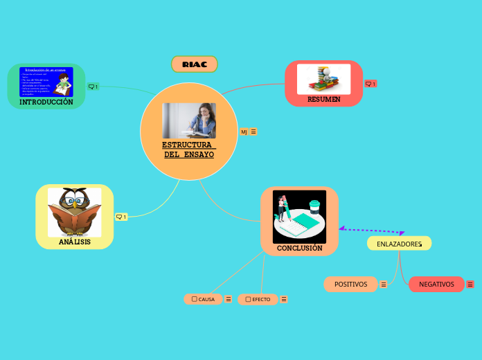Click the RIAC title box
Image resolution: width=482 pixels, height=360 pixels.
coord(195,64)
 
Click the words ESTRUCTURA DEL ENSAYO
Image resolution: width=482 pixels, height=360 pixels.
coord(188,150)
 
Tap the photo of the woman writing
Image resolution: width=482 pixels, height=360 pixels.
coord(189,120)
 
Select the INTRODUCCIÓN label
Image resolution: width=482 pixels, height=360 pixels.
coord(46,102)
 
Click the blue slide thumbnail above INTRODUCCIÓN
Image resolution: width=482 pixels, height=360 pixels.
coord(46,82)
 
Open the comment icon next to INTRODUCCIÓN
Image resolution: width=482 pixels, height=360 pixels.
coord(93,87)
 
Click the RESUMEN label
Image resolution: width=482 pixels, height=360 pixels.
coord(323,99)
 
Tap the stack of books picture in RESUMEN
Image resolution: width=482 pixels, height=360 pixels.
coord(323,78)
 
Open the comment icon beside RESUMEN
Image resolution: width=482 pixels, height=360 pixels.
coord(371,84)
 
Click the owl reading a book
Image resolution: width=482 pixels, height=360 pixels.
coord(74,212)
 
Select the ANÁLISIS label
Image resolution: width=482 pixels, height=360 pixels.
coord(74,242)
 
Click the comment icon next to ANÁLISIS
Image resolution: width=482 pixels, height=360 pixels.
coord(120,217)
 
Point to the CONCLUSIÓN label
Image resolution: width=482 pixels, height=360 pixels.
coord(299,248)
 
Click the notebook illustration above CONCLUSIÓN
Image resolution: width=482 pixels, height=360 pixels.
coord(299,216)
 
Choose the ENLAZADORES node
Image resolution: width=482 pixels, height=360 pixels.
coord(399,244)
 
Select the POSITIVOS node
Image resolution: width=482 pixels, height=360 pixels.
coord(350,284)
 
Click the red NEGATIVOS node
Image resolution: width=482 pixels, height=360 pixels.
coord(436,284)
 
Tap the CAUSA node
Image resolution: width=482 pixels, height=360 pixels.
coord(204,299)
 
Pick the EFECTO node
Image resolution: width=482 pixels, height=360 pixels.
coord(258,299)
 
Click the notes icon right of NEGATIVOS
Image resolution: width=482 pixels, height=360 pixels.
coord(470,285)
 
